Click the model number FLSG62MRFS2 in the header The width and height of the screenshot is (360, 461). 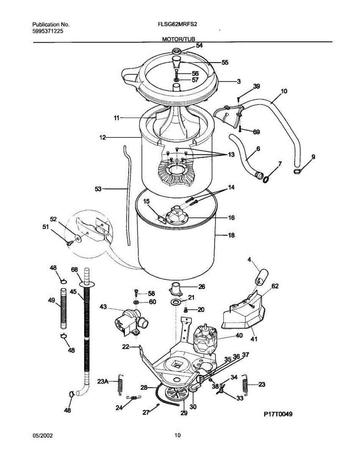tap(174, 26)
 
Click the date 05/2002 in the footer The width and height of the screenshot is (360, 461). tap(42, 435)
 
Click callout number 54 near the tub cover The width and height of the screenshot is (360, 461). tap(199, 45)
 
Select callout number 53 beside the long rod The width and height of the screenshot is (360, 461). tap(98, 189)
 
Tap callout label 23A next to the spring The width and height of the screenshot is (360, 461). tap(103, 381)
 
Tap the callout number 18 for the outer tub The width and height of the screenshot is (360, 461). tap(231, 235)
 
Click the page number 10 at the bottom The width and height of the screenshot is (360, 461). tap(178, 435)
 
